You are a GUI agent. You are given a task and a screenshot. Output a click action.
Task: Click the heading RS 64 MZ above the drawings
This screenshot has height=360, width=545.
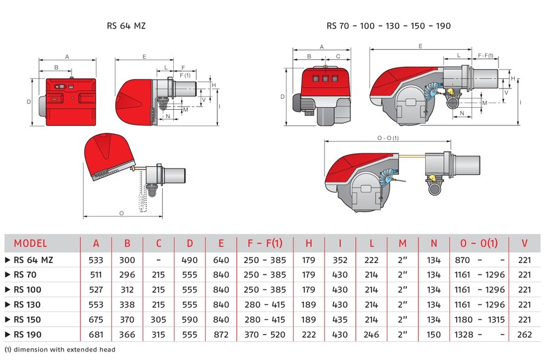pos(126,26)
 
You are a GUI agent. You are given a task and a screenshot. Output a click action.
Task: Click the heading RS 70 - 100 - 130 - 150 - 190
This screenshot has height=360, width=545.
pos(388,26)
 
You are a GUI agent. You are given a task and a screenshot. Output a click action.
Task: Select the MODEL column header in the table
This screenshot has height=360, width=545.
pos(30,244)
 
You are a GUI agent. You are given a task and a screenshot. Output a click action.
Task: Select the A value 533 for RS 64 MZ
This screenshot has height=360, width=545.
pos(96,260)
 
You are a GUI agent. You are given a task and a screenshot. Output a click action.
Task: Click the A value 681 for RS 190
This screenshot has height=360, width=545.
pos(96,334)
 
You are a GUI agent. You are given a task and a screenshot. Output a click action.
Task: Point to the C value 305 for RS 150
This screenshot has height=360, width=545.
pos(159,319)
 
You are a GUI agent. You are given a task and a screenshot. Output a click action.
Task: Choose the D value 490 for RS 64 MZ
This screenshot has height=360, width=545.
pos(190,260)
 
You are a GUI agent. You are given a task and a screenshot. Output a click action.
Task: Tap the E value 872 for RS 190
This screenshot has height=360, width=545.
pos(221,334)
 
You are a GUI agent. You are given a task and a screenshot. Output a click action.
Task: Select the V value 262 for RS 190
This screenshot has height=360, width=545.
pos(524,334)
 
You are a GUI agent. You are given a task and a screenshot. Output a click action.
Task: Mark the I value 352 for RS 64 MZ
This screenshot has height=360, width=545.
pos(340,260)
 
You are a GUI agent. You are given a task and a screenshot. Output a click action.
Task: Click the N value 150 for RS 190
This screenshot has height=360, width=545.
pos(434,334)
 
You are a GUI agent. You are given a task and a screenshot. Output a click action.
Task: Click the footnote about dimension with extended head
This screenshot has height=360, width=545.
pos(60,350)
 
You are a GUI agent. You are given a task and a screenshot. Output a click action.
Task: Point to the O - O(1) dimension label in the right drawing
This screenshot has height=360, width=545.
pos(388,138)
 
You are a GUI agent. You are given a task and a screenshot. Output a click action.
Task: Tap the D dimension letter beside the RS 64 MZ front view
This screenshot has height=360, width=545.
pos(28,102)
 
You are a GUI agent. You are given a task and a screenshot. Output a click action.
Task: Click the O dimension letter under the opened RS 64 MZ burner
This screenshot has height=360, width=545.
pos(122,213)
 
